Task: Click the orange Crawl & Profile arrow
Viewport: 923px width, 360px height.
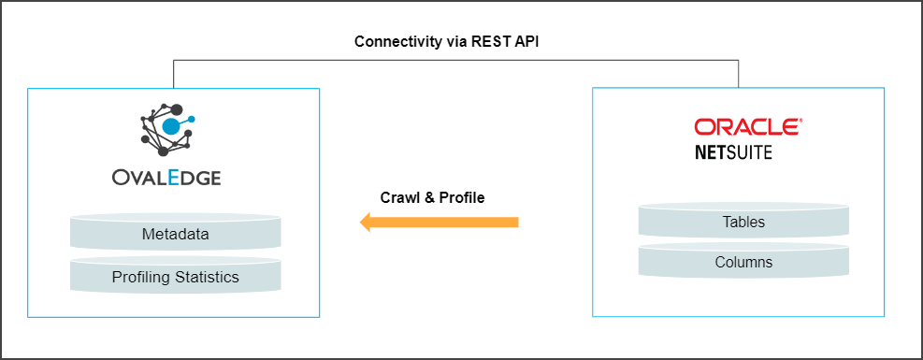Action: [x=440, y=222]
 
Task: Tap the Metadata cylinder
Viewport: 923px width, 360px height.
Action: [x=175, y=233]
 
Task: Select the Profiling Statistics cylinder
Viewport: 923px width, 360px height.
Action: [x=175, y=277]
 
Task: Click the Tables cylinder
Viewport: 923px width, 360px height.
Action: [x=743, y=223]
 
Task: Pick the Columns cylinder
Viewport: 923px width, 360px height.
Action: [x=743, y=262]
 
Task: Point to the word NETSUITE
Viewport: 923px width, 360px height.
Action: [x=733, y=151]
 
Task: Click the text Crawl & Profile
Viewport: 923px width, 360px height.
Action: [x=432, y=197]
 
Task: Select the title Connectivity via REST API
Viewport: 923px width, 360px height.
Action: [x=447, y=42]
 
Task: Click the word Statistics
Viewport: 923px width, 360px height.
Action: [x=209, y=277]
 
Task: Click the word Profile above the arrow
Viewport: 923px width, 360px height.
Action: [x=463, y=197]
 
